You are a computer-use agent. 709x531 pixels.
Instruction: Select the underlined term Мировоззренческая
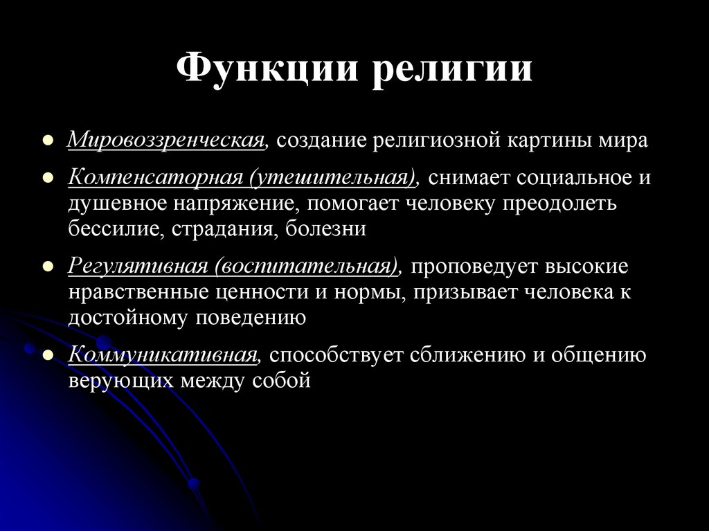pos(167,141)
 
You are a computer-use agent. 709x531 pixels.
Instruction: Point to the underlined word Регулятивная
pos(138,267)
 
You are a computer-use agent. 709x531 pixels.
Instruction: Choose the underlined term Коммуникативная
pos(163,355)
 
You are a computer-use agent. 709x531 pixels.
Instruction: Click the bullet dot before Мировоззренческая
pos(48,141)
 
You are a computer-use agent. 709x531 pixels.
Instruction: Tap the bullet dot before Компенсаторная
pos(48,178)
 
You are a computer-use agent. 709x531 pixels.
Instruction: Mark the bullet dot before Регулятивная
pos(48,268)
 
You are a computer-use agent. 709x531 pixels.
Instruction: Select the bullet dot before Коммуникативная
pos(48,356)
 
